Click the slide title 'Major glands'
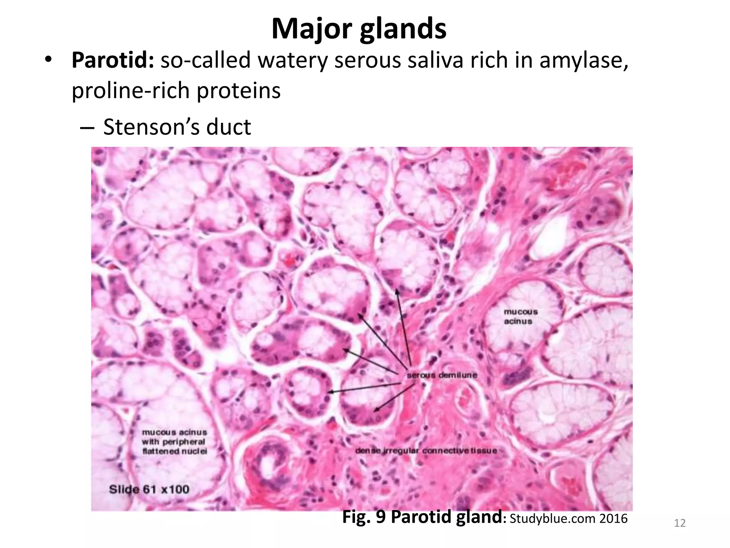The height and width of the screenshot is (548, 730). [x=359, y=29]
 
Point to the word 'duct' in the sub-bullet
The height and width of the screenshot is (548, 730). [x=228, y=127]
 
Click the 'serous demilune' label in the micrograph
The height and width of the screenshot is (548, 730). [x=442, y=375]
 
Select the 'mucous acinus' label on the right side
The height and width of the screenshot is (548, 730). [x=520, y=316]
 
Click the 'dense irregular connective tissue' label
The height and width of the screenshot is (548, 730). [x=426, y=451]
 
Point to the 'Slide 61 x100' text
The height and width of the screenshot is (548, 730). [x=149, y=489]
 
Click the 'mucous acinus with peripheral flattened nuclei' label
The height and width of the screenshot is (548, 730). [x=175, y=442]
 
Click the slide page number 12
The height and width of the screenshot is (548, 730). [x=680, y=523]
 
